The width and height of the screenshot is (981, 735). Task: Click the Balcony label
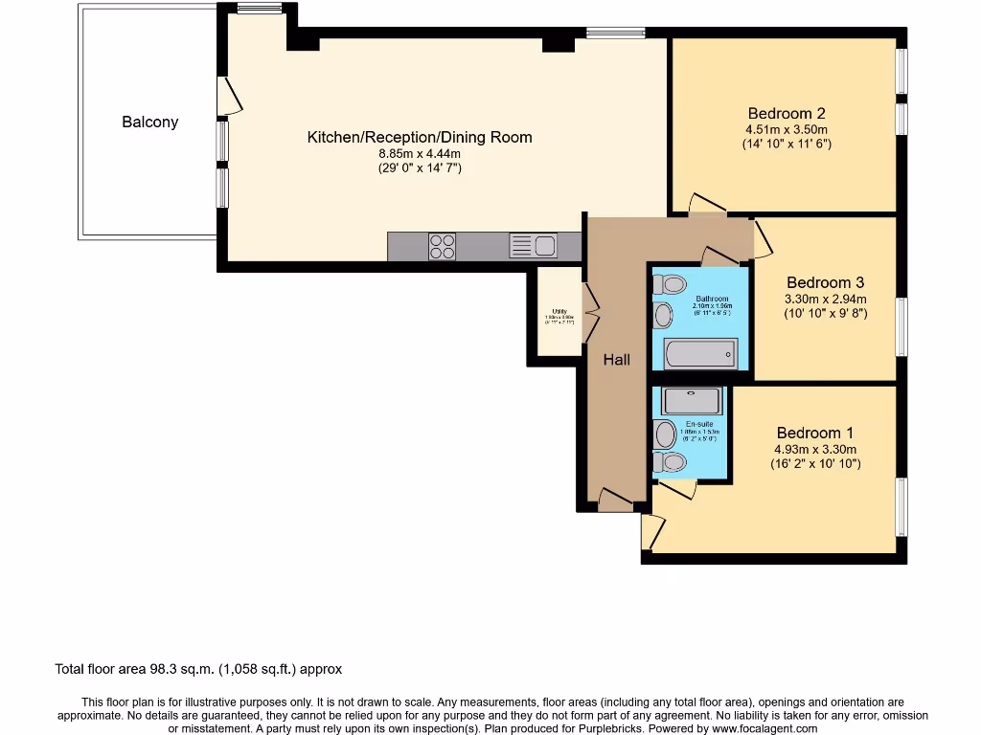point(149,122)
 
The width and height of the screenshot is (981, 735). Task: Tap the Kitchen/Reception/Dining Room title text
point(419,137)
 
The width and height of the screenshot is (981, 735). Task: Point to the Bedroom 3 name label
point(825,282)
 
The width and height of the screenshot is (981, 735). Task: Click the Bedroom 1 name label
point(815,433)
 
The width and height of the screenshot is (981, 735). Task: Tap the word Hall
point(617,360)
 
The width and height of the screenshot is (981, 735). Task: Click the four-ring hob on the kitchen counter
point(442,247)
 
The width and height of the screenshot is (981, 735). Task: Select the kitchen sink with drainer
point(533,246)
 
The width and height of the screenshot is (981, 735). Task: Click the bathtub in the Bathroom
point(699,354)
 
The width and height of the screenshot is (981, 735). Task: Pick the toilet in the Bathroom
point(673,284)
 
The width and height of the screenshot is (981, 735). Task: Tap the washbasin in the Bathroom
point(662,314)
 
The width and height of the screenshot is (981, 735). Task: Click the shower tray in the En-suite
point(691,400)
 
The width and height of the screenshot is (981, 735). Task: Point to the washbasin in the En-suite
point(664,434)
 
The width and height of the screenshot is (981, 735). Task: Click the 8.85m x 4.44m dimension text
point(419,153)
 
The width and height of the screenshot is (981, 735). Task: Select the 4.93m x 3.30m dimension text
point(815,449)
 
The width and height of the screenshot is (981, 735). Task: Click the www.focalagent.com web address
point(764,728)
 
